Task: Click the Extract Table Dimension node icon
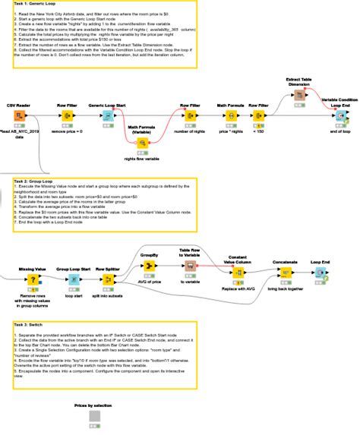299,96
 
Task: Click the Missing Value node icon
32,280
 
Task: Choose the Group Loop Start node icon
74,280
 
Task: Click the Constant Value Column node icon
238,273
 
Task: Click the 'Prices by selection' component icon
95,420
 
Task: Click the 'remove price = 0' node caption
65,132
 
